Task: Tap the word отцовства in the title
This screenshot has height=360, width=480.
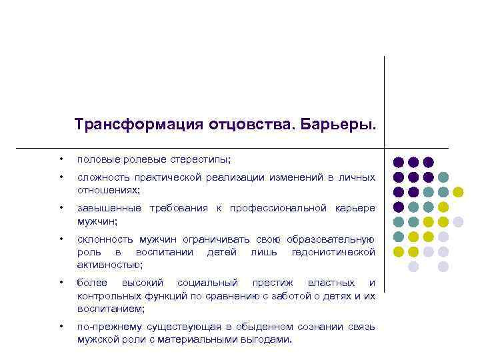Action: pyautogui.click(x=241, y=125)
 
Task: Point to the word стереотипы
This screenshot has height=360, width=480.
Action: pyautogui.click(x=203, y=160)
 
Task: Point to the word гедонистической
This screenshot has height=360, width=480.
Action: pyautogui.click(x=333, y=251)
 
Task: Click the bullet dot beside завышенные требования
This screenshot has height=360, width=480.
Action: pyautogui.click(x=60, y=208)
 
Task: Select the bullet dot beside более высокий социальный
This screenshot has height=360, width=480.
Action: pyautogui.click(x=60, y=283)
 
